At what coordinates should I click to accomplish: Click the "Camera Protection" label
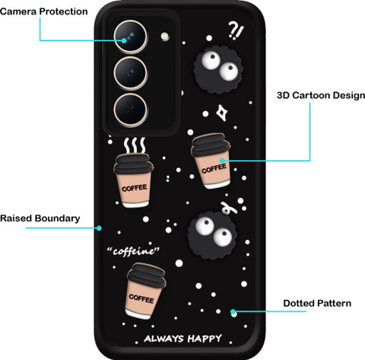(44, 11)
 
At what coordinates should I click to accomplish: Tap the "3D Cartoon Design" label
(321, 95)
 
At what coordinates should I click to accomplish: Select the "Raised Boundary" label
(40, 218)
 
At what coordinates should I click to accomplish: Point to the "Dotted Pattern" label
(317, 303)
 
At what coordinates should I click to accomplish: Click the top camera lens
(130, 37)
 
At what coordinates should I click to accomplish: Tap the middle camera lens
(130, 73)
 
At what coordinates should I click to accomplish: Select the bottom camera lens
(130, 110)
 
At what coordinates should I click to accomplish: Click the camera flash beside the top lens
(165, 37)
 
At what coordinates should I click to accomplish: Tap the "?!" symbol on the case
(236, 30)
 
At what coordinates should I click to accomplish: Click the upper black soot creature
(218, 70)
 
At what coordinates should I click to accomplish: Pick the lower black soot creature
(212, 234)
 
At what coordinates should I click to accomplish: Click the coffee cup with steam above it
(134, 180)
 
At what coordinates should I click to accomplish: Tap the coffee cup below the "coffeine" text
(145, 291)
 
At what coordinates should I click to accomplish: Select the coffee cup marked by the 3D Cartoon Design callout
(211, 161)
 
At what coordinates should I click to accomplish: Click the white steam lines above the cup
(135, 145)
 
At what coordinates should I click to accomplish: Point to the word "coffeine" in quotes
(133, 251)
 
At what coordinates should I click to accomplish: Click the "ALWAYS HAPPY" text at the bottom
(182, 339)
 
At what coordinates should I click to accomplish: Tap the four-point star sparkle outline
(222, 113)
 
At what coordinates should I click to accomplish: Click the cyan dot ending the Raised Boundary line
(99, 228)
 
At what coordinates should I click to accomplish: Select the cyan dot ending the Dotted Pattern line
(233, 311)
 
